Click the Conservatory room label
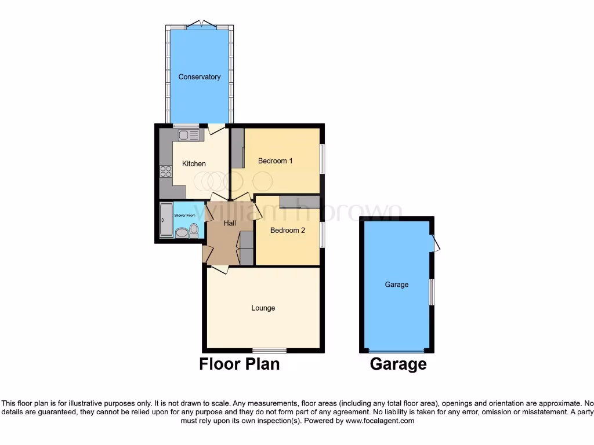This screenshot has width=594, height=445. (199, 77)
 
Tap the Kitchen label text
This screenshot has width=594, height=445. (194, 164)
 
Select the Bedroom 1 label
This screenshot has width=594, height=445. (275, 161)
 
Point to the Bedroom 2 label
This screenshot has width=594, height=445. (287, 231)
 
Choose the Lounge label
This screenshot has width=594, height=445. (263, 308)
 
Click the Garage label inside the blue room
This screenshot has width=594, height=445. (397, 285)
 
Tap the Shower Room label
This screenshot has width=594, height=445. (184, 216)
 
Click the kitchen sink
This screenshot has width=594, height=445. (188, 135)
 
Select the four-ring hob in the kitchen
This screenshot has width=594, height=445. (166, 172)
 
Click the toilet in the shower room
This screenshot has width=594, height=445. (194, 231)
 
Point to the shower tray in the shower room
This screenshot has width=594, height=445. (165, 220)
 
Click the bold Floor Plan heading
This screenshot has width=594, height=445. (239, 364)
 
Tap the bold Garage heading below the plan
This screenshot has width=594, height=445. (398, 364)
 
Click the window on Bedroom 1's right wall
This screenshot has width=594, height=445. (322, 158)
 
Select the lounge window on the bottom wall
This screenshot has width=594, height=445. (269, 350)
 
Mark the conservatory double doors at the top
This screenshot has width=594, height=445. (202, 24)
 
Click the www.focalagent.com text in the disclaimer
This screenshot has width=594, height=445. (380, 421)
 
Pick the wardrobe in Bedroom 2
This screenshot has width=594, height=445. (299, 202)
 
